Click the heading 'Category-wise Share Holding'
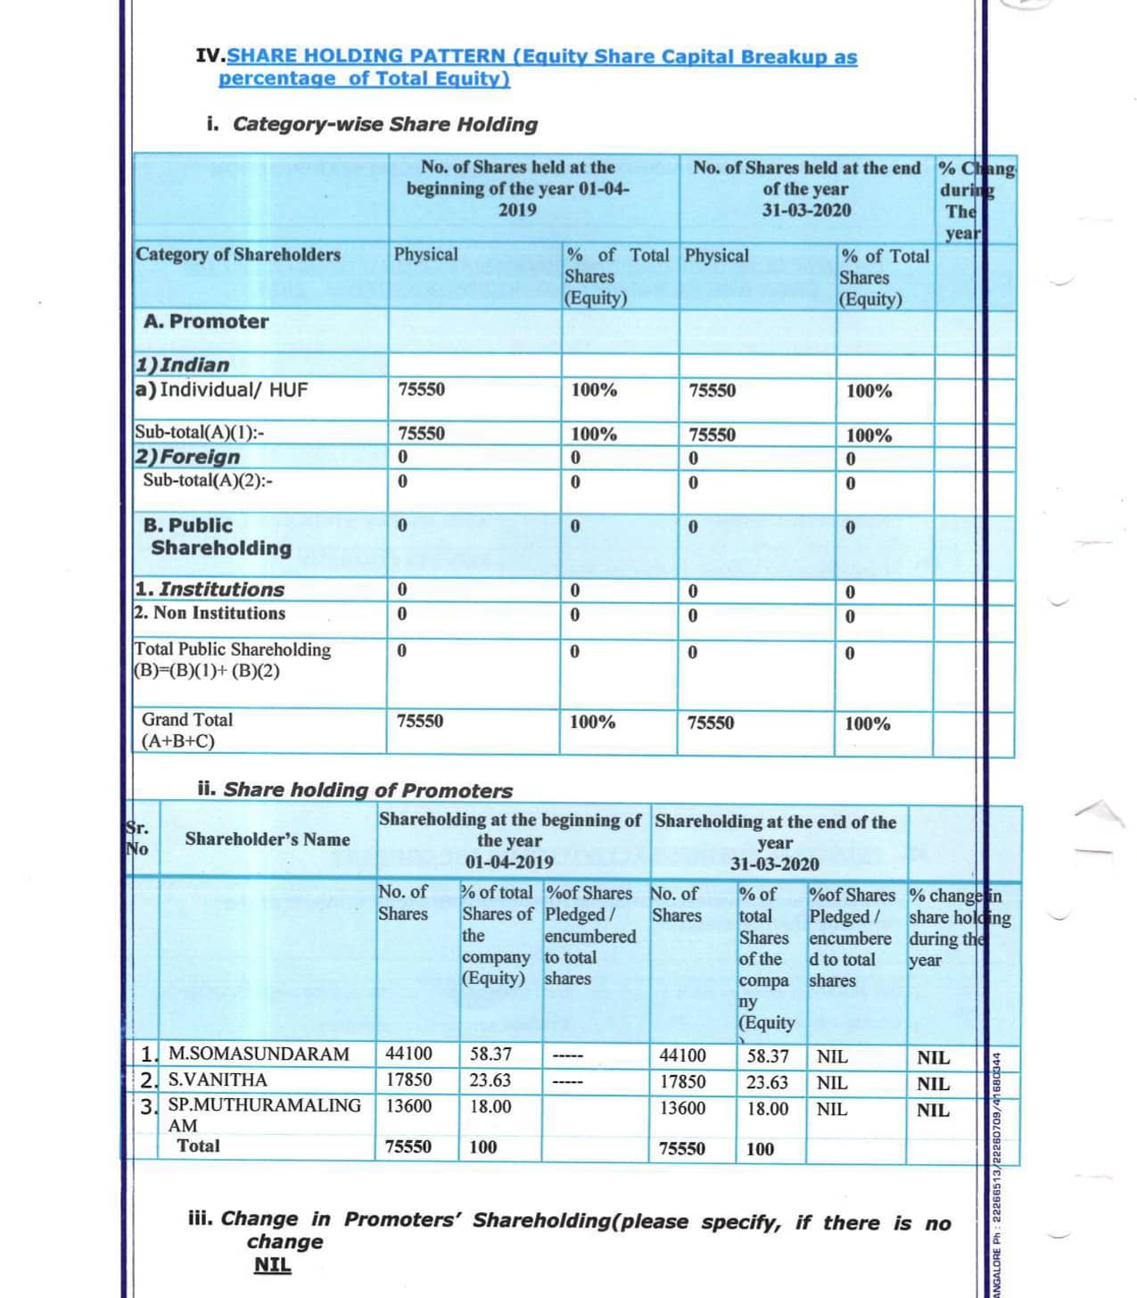coord(384,124)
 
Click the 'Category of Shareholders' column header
coord(238,254)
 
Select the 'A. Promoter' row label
coord(206,321)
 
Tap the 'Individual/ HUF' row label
coord(234,389)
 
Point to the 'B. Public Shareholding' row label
coord(217,536)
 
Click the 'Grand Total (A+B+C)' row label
coord(186,730)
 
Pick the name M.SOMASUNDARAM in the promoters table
coord(259,1054)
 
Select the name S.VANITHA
coord(218,1079)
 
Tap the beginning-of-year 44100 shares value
coord(408,1054)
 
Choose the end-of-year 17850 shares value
coord(682,1082)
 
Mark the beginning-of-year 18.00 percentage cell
coord(490,1106)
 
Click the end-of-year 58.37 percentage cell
coord(768,1056)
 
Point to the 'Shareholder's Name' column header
coord(268,839)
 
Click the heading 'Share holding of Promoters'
coord(367,790)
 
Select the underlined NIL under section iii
coord(272,1265)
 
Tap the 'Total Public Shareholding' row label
coord(233,649)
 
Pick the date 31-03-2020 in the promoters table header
coord(774,864)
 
